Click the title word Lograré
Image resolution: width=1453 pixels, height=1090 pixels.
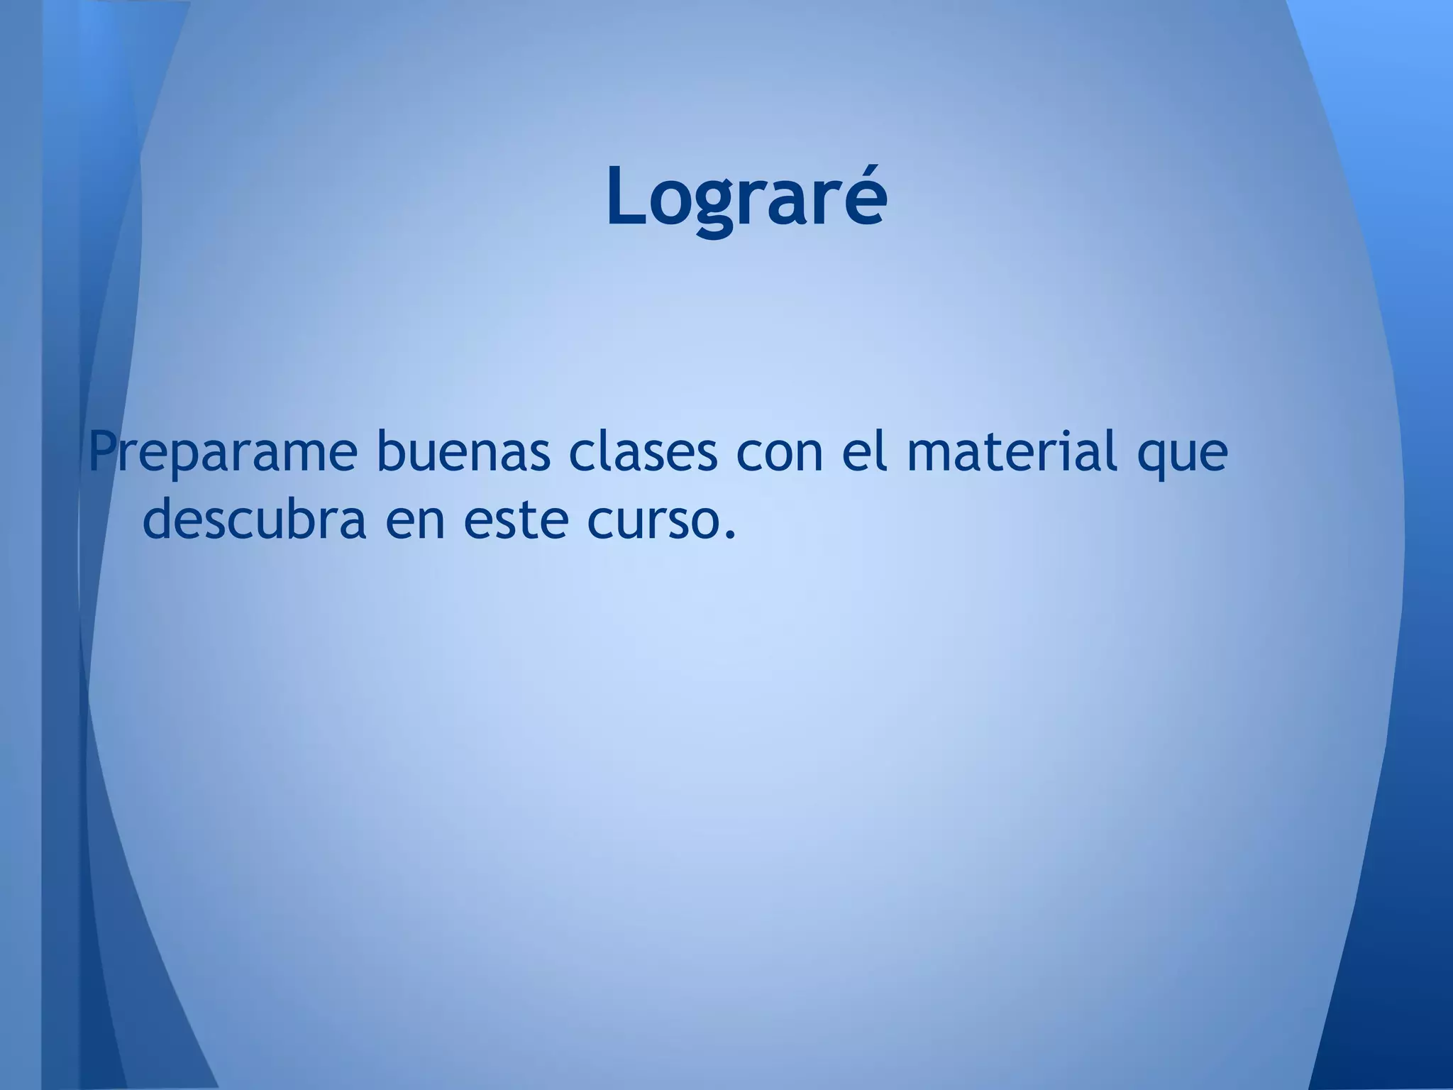746,196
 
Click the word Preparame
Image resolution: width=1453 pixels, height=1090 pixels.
222,453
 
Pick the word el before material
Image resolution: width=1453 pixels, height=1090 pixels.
864,452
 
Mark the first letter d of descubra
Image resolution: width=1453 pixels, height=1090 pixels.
161,518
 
